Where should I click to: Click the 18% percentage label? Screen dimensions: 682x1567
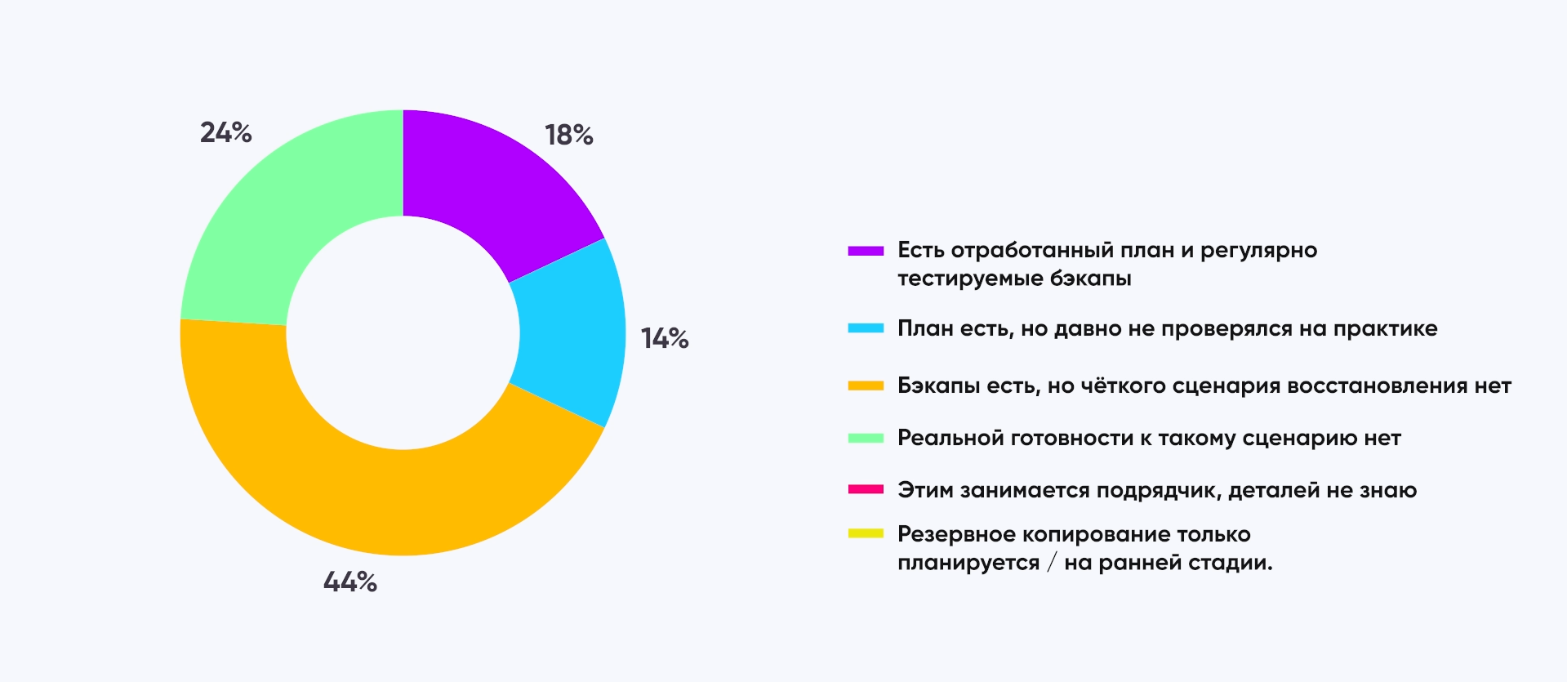(x=569, y=135)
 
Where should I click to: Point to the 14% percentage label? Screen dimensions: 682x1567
(x=665, y=338)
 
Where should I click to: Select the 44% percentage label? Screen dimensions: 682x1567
(x=350, y=582)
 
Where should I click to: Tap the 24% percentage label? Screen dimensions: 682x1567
(x=226, y=132)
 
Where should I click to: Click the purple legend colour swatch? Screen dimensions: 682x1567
(x=866, y=251)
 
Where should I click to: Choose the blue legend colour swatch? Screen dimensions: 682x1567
(x=866, y=328)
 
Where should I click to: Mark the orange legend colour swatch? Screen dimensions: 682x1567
(x=866, y=386)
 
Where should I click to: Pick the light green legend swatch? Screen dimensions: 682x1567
(x=866, y=439)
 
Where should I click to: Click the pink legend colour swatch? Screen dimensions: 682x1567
(x=866, y=490)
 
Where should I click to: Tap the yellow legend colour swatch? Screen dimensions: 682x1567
(x=866, y=534)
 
